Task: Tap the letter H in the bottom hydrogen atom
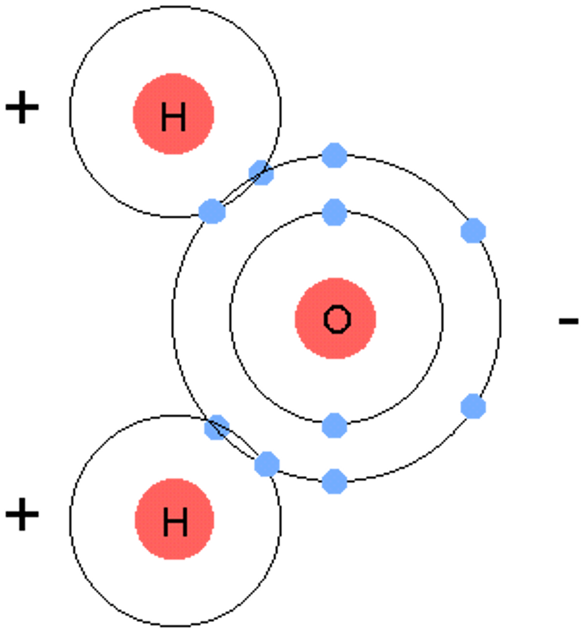(x=174, y=522)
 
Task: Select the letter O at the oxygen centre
(x=336, y=319)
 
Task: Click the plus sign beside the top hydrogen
(x=22, y=107)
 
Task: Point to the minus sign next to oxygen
(x=568, y=320)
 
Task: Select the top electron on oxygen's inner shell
(x=334, y=212)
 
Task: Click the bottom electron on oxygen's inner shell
(x=334, y=425)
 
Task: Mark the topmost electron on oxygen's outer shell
(x=334, y=155)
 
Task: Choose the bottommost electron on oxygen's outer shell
(x=334, y=481)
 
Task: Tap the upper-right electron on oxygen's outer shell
(x=473, y=231)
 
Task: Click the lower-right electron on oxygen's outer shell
(x=473, y=406)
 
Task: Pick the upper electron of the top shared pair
(x=261, y=172)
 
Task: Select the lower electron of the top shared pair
(x=212, y=212)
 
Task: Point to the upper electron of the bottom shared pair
(x=216, y=427)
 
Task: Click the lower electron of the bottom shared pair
(x=266, y=464)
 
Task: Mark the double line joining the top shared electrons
(x=236, y=192)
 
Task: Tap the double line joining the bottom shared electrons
(x=242, y=446)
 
